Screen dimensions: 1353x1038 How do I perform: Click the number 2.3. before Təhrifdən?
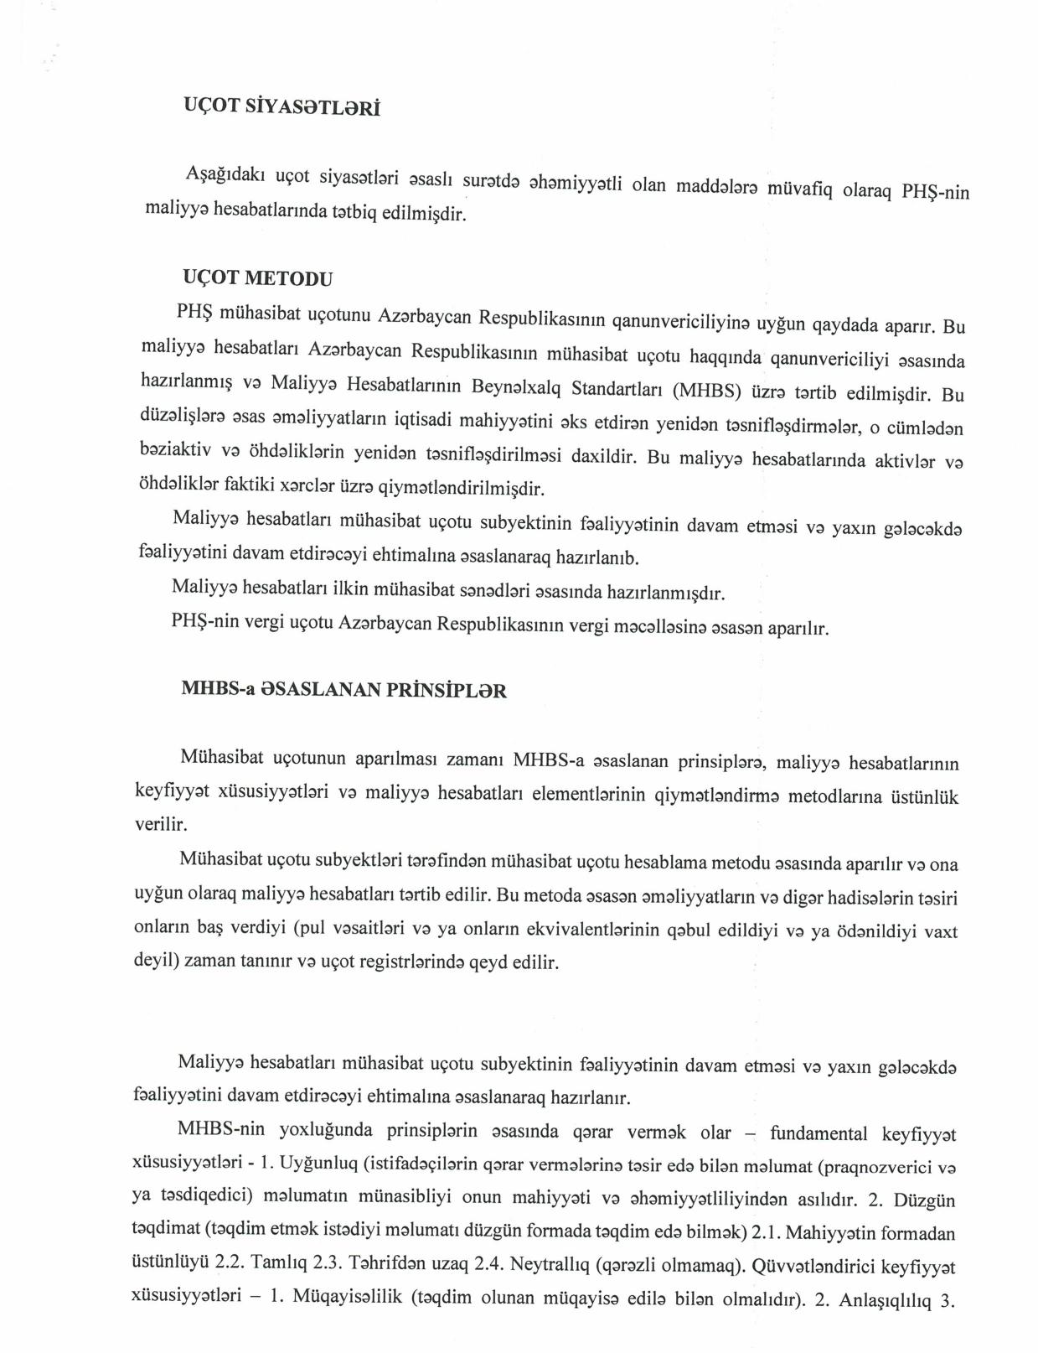(328, 1262)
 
